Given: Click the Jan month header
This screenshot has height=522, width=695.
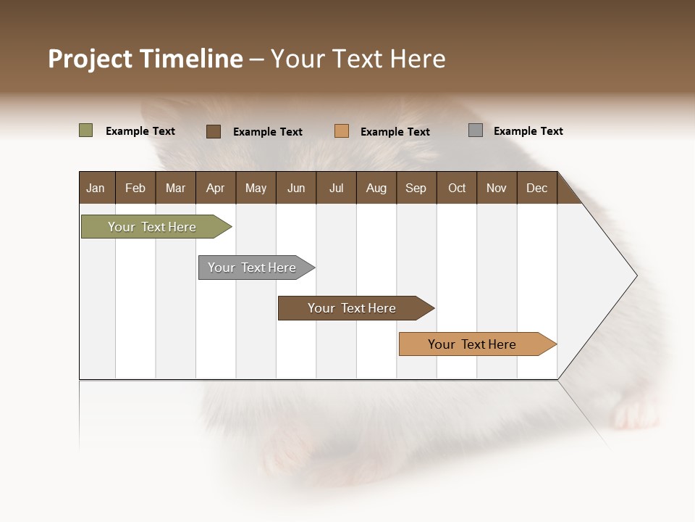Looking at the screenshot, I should pos(96,188).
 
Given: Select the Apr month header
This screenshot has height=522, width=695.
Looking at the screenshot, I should pos(215,188).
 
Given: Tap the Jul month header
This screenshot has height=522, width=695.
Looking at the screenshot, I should pos(336,188).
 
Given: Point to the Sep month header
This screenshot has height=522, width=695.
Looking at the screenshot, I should pos(416,188).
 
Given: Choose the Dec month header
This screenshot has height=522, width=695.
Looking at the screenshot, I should pos(536,188).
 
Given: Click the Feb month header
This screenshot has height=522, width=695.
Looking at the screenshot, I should pos(135,188).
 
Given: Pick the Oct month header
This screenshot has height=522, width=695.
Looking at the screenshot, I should pos(457,188).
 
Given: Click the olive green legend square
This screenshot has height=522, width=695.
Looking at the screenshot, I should pos(85,130).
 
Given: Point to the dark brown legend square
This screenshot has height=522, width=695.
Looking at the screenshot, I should pos(213,131).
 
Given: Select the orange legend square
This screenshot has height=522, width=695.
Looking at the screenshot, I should pos(341,131).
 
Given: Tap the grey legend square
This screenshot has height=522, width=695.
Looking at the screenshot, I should pos(475,130).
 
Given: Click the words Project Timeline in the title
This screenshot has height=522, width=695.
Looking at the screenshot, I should pos(145,59).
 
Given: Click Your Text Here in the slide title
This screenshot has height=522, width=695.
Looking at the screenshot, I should pos(358,59).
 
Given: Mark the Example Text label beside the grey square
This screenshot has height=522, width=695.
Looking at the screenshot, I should pos(528,131).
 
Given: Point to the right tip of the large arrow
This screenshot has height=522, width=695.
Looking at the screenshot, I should pos(636,275).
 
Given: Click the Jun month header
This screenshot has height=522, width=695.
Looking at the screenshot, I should pos(296,188).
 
